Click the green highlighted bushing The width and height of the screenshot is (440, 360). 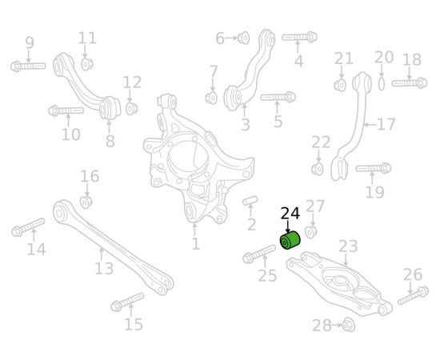[290, 240]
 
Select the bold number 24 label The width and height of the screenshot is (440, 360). [290, 214]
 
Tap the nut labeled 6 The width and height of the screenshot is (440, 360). [243, 38]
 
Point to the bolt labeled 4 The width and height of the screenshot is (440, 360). [299, 37]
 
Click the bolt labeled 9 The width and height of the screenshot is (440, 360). [28, 66]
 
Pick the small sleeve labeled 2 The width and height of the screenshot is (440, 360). [250, 201]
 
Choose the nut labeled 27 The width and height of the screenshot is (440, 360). [311, 231]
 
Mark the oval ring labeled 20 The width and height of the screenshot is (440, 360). [381, 83]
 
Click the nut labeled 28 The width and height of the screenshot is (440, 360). [349, 325]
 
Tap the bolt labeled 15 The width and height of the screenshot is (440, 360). [127, 302]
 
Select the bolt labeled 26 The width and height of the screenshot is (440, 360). [413, 295]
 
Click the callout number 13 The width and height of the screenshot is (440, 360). [104, 268]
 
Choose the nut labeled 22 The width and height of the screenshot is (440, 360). [318, 169]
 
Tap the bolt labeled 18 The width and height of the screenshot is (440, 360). [410, 83]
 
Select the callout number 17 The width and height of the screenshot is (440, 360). [386, 124]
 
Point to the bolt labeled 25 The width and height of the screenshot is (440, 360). [259, 254]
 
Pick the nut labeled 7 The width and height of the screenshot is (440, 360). [211, 98]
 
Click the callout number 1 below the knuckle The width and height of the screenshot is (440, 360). [195, 243]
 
